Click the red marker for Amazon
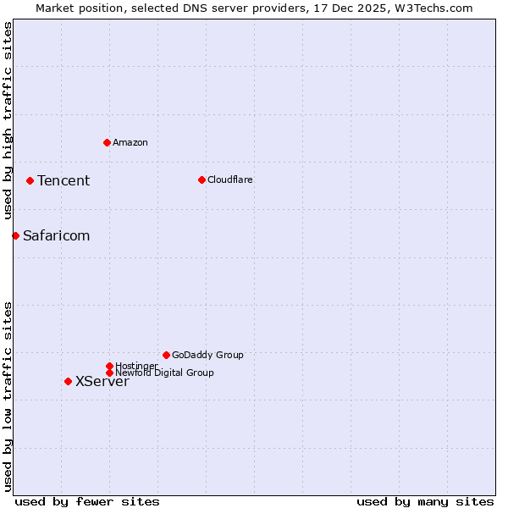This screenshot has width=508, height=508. (107, 142)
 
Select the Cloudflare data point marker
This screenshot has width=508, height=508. (202, 179)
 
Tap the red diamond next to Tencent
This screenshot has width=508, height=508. (30, 180)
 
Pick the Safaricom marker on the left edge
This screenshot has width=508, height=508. (15, 235)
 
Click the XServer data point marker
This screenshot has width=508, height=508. (68, 381)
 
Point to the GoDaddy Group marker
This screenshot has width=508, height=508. (166, 355)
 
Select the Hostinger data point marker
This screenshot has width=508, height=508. (109, 366)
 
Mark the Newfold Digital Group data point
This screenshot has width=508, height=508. (109, 373)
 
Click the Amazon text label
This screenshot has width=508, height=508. (130, 142)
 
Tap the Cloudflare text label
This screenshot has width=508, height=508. (230, 179)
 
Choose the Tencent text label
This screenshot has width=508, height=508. (63, 180)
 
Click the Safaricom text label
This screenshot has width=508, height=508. (56, 235)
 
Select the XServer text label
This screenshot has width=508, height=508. (102, 381)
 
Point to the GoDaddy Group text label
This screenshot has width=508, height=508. (207, 355)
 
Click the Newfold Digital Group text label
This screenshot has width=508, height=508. (164, 373)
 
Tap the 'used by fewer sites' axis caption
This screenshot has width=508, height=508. (87, 501)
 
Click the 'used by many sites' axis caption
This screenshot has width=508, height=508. (425, 501)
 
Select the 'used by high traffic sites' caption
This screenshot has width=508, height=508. (8, 121)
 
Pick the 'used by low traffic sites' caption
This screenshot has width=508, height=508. (8, 396)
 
